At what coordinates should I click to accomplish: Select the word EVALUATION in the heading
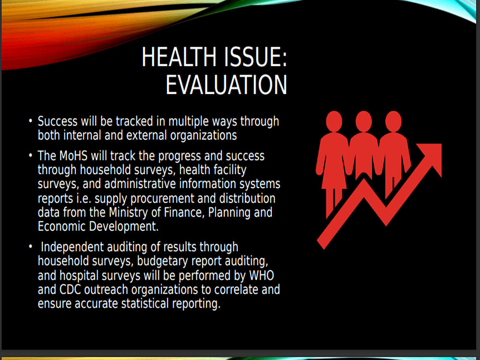pyautogui.click(x=227, y=84)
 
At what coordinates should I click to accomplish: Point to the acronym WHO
pyautogui.click(x=262, y=275)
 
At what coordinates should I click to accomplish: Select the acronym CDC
pyautogui.click(x=70, y=289)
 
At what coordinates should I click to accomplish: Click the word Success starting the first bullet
pyautogui.click(x=58, y=121)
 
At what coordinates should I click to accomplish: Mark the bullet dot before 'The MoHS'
pyautogui.click(x=30, y=156)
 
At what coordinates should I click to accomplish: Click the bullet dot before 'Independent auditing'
pyautogui.click(x=30, y=246)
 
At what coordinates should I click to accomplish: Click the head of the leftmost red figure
pyautogui.click(x=334, y=121)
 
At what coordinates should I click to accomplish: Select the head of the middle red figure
pyautogui.click(x=364, y=121)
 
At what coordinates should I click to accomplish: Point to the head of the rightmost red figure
pyautogui.click(x=394, y=121)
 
